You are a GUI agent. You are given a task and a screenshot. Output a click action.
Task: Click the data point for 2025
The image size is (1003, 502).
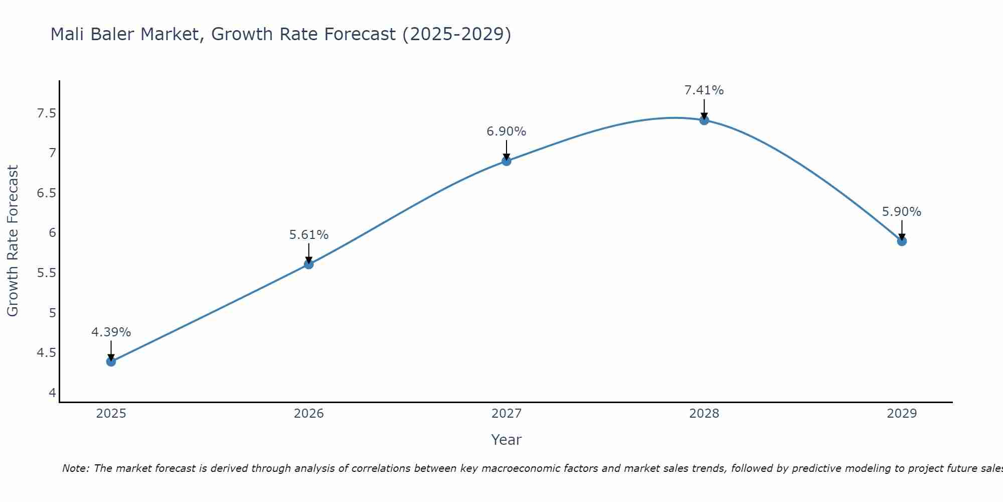[x=111, y=361]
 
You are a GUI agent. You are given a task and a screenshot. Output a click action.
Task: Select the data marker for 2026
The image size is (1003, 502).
[x=308, y=264]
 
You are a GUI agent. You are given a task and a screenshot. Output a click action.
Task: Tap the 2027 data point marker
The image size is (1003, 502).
[x=506, y=161]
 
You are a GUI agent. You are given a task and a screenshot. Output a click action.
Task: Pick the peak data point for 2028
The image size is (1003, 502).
[x=704, y=120]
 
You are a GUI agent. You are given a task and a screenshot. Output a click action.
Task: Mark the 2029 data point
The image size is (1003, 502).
[x=901, y=241]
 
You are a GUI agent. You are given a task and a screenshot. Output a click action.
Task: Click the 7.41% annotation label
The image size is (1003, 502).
[x=704, y=90]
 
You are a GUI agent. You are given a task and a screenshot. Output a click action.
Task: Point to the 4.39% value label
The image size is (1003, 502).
[x=111, y=332]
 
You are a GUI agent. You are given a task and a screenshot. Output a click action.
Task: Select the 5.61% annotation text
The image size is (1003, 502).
[x=308, y=235]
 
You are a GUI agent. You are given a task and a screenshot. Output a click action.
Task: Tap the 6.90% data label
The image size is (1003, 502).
[x=506, y=132]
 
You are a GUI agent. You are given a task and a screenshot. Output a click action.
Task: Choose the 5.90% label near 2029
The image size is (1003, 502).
[x=901, y=212]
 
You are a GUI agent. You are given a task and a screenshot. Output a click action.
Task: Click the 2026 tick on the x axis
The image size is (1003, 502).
[x=308, y=414]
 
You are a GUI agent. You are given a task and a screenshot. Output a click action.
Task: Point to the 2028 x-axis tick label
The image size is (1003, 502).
[x=704, y=414]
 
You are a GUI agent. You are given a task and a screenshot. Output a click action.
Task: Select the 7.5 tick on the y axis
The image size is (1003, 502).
[x=46, y=113]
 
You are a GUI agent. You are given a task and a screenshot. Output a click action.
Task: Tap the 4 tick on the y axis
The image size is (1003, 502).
[x=52, y=393]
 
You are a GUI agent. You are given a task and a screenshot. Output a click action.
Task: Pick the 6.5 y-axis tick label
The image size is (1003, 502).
[x=46, y=193]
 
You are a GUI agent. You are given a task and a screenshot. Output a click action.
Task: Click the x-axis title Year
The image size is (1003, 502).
[x=506, y=440]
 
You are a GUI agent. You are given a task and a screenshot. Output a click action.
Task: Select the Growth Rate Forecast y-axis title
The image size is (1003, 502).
[x=13, y=241]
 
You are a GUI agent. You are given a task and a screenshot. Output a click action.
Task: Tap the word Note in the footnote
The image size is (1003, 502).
[x=75, y=468]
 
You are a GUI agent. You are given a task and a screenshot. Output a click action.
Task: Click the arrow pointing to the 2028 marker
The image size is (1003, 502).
[x=704, y=108]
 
